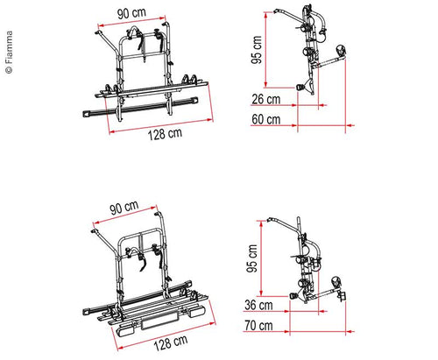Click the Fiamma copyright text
click(10, 53)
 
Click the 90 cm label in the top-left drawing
click(131, 13)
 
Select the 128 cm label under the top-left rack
click(165, 134)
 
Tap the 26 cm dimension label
click(266, 99)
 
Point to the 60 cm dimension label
click(266, 119)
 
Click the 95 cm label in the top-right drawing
click(257, 50)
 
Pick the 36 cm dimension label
click(258, 305)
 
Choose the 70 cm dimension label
click(258, 326)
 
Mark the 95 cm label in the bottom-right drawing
click(251, 258)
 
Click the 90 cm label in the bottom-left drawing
click(124, 207)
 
